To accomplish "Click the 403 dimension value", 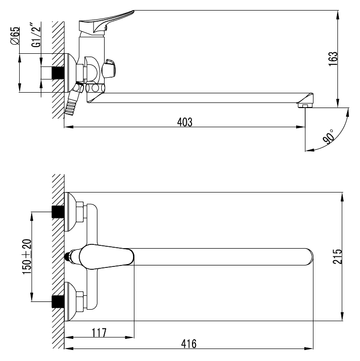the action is pos(185,122).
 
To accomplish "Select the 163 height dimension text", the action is pos(333,59).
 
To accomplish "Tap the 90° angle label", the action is pos(328,136).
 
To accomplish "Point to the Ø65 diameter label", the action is pos(15,36).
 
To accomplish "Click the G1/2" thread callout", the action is pos(36,35).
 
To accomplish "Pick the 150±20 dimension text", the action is pos(27,256).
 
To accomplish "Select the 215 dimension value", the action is pos(337,256).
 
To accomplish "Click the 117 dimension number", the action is pos(99,333).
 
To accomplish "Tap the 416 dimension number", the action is pos(189,344).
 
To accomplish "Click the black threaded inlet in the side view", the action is pos(58,72).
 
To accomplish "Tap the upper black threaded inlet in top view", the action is pos(58,212).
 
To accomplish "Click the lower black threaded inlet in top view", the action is pos(58,301).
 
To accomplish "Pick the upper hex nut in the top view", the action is pos(80,212).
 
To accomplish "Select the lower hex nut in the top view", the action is pos(80,301).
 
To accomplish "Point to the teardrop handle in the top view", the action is pos(107,257).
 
